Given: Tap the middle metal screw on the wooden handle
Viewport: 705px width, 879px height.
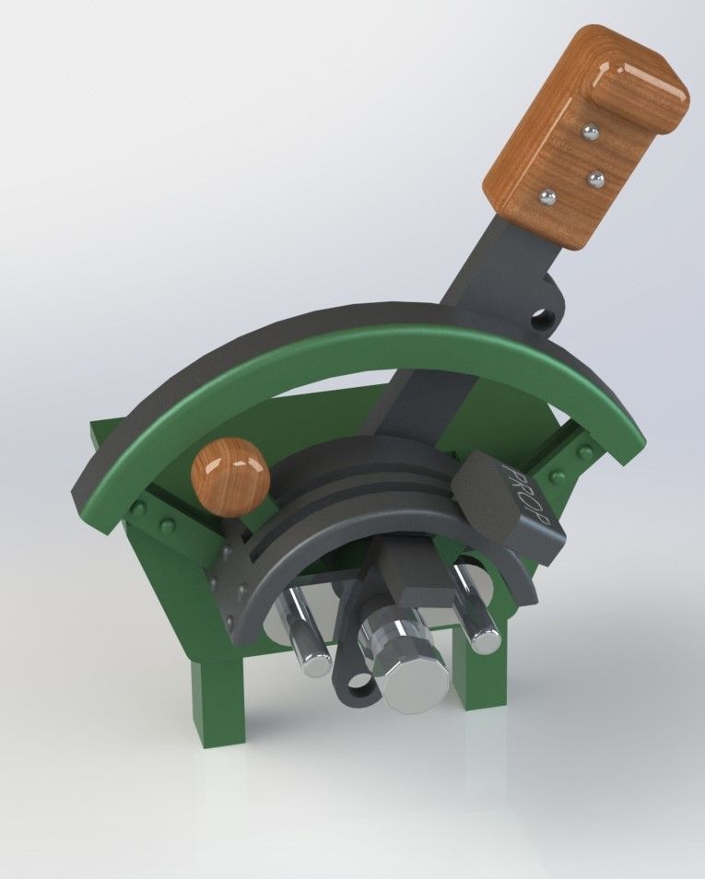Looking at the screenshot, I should pyautogui.click(x=595, y=176).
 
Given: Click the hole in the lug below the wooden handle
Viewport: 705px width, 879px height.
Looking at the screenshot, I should pyautogui.click(x=545, y=320).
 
